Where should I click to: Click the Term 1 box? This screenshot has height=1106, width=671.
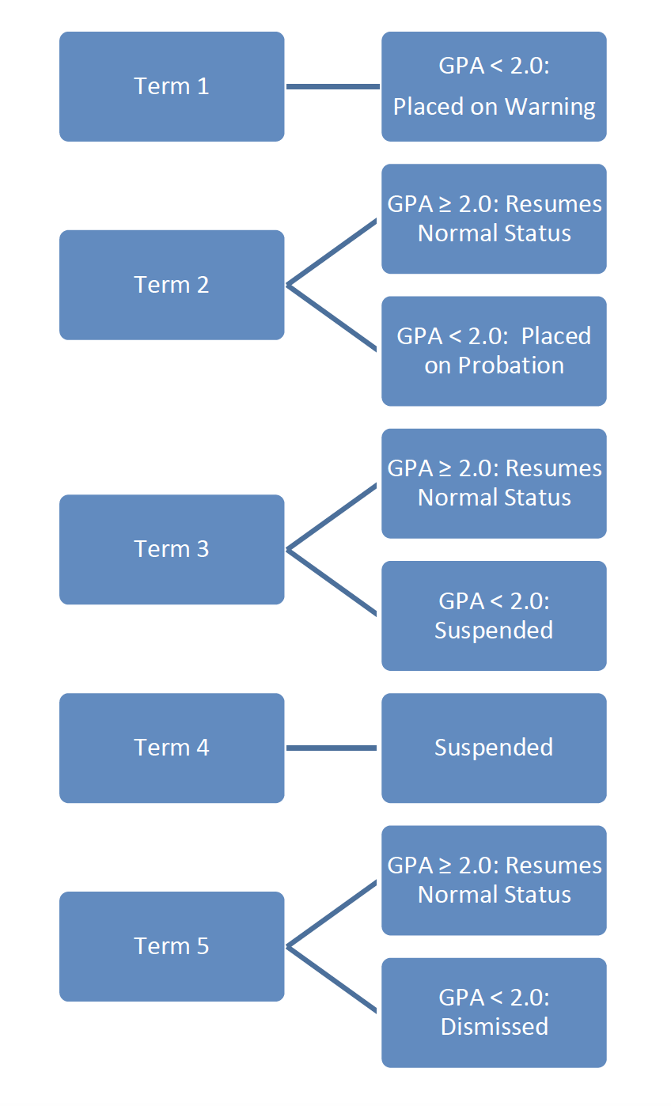[x=172, y=86]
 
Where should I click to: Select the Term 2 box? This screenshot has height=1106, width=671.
[x=172, y=285]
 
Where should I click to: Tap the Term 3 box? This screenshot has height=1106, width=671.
[x=172, y=549]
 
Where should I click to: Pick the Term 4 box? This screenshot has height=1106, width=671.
[x=172, y=748]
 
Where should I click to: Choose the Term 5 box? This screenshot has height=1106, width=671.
[x=172, y=946]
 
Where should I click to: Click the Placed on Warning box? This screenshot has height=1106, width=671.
[x=494, y=86]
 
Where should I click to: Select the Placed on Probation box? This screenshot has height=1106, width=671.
[x=494, y=350]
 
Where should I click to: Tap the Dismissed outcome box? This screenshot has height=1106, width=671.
[x=494, y=1013]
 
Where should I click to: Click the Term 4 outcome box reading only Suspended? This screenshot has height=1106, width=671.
[x=494, y=748]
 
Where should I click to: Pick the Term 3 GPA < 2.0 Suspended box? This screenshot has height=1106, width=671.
[x=494, y=615]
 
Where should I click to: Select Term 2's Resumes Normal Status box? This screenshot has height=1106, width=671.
[x=494, y=218]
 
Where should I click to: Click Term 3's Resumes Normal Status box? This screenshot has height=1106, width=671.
[x=494, y=483]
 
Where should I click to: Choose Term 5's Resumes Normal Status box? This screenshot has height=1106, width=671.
[x=494, y=880]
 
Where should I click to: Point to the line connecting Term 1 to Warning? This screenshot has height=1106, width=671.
[x=332, y=86]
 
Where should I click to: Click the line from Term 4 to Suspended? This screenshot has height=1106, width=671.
[x=332, y=748]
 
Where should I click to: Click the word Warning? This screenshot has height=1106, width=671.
[x=550, y=106]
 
